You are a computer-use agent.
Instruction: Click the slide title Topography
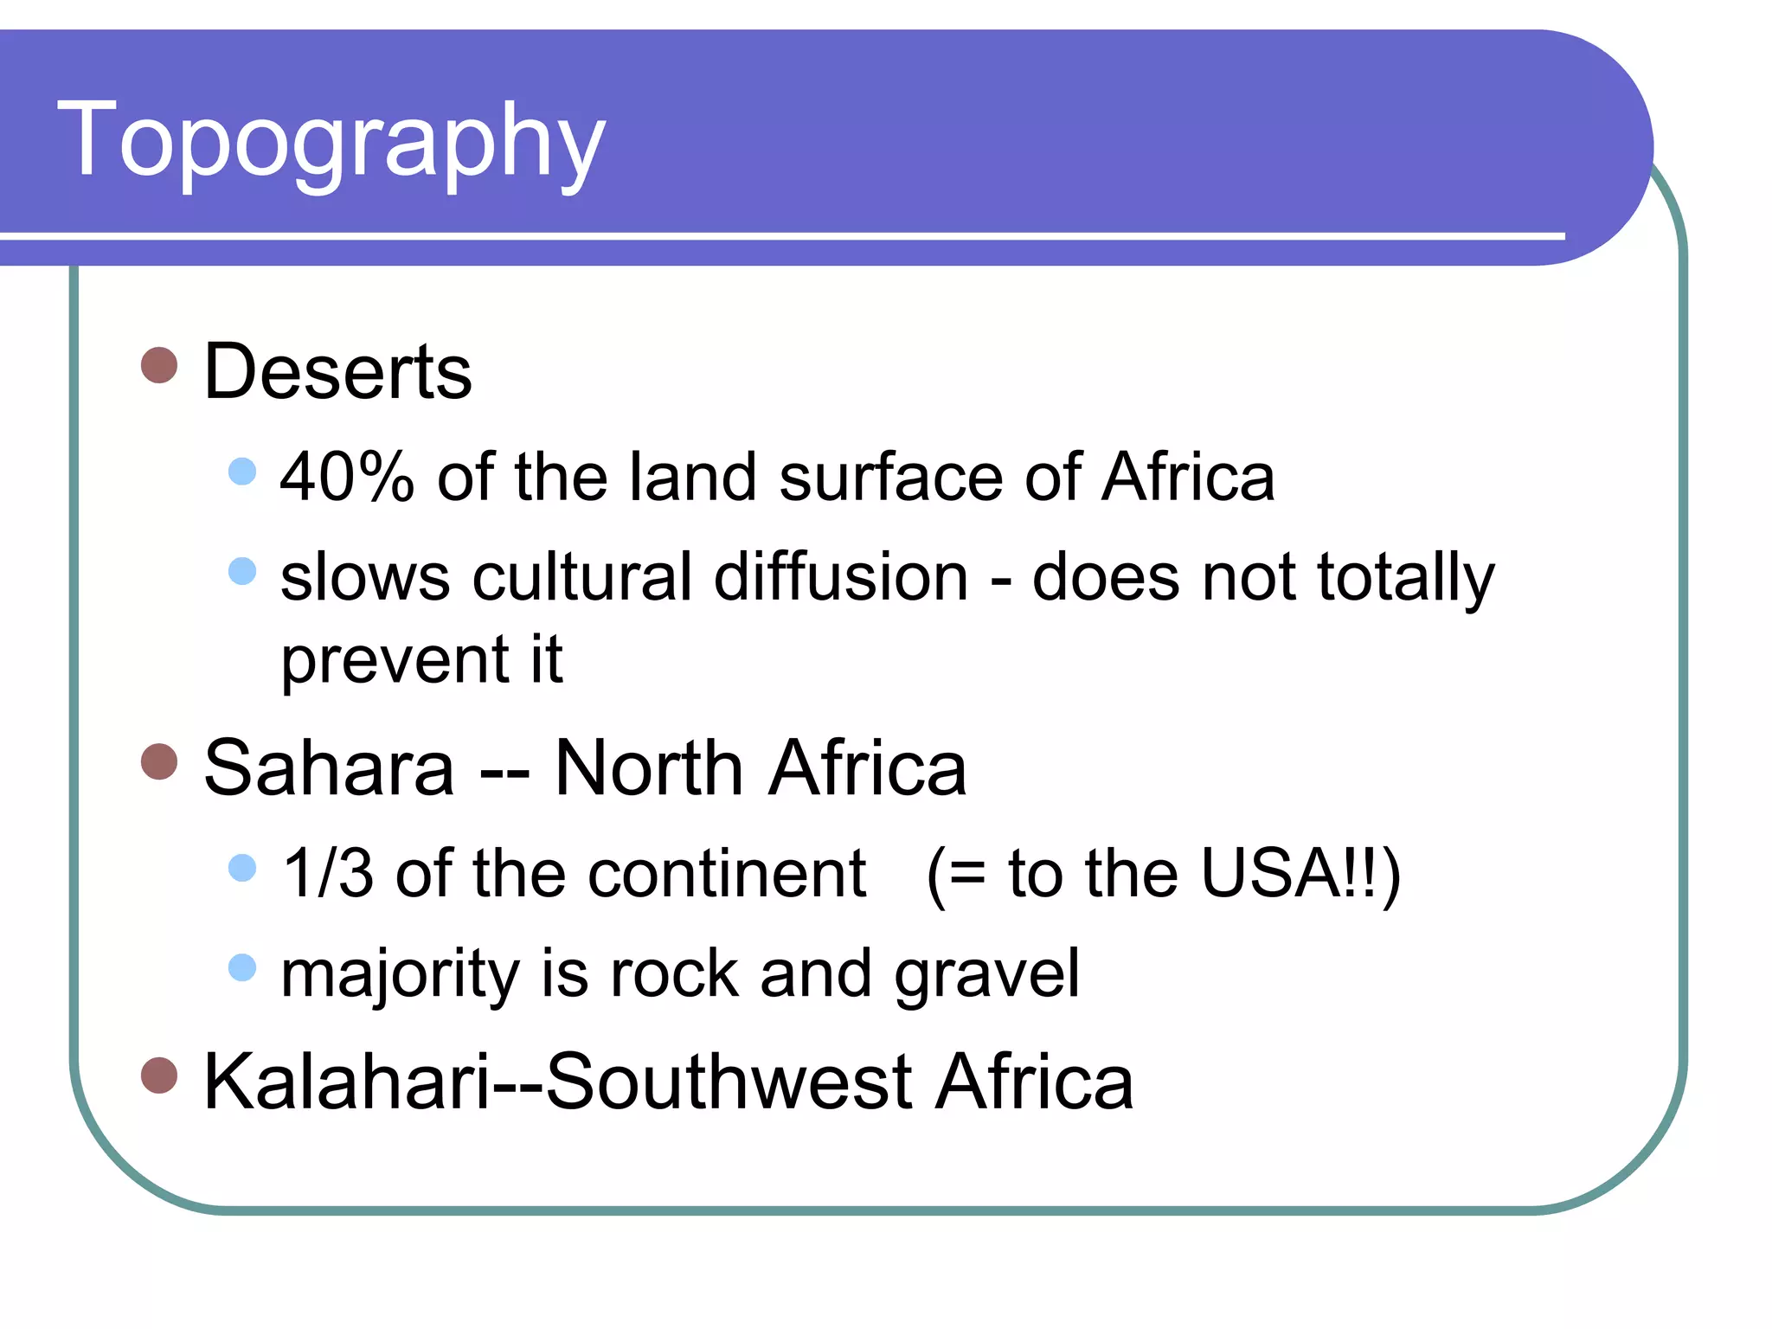(x=331, y=141)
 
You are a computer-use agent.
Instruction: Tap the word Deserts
(x=337, y=372)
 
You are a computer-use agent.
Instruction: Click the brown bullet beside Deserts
(x=159, y=366)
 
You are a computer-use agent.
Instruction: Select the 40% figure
(x=347, y=477)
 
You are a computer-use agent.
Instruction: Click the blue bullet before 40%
(x=242, y=472)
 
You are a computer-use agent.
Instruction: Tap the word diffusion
(x=840, y=577)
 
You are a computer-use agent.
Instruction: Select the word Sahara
(x=329, y=768)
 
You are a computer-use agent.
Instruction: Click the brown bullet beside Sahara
(x=159, y=762)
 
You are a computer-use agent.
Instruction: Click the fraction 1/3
(x=328, y=873)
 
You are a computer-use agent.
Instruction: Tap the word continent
(x=727, y=873)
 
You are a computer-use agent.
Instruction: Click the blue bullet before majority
(x=242, y=967)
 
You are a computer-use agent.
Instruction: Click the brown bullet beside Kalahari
(x=159, y=1075)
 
